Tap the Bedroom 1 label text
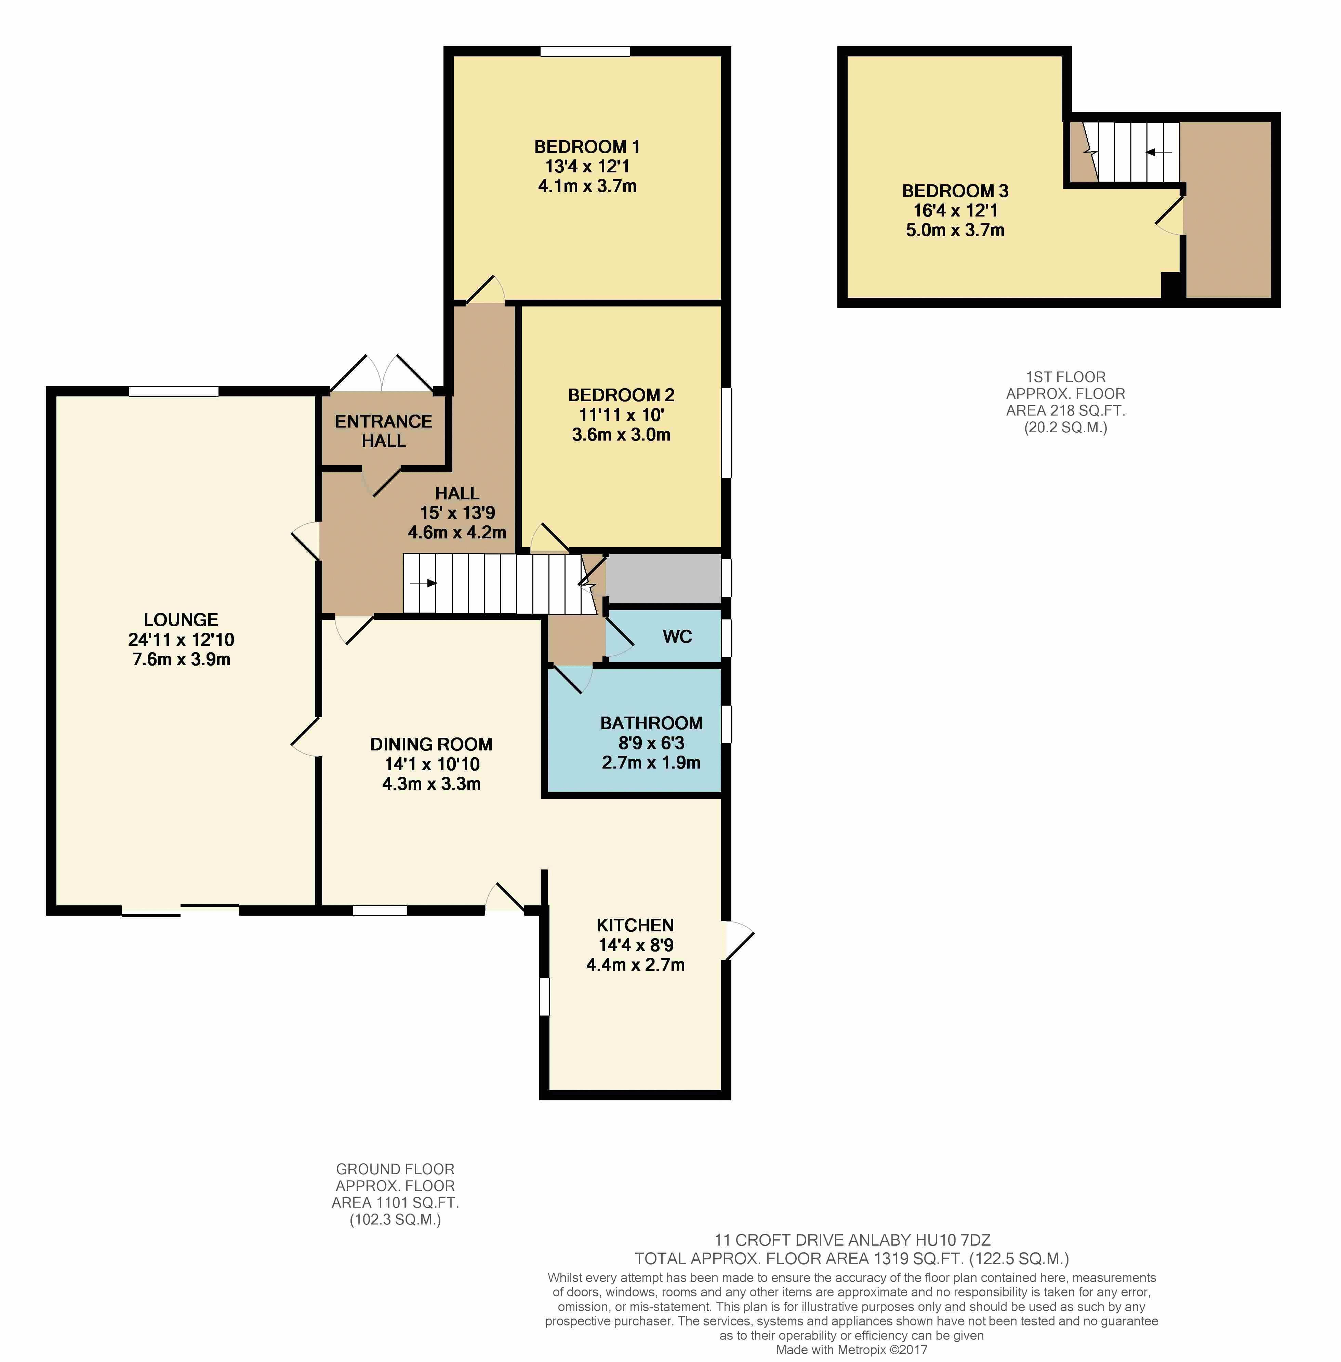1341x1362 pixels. (587, 146)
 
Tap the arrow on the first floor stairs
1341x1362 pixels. (1158, 152)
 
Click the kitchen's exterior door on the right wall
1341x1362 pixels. (739, 940)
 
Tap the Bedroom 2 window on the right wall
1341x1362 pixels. (726, 433)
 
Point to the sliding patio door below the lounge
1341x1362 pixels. (180, 911)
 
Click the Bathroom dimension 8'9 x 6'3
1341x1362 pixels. (651, 743)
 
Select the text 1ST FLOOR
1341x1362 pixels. (1066, 377)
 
